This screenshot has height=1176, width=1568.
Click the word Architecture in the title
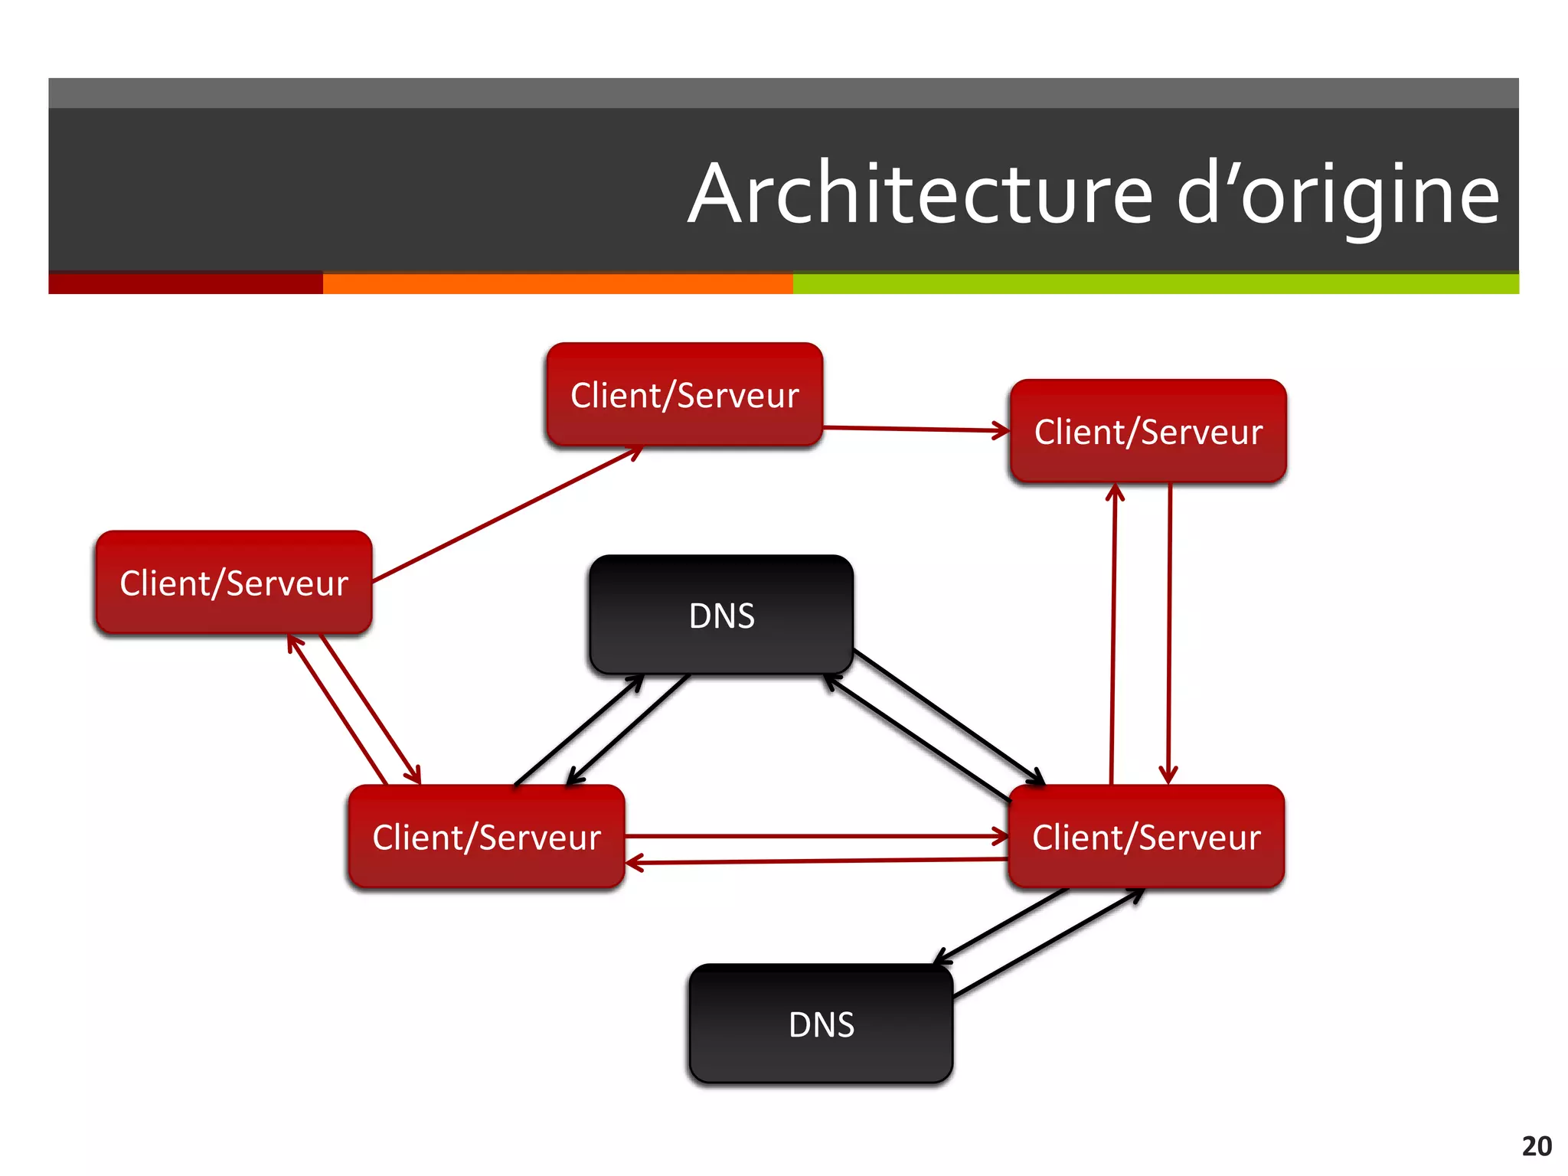click(919, 194)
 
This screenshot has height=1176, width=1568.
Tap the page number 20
click(1536, 1146)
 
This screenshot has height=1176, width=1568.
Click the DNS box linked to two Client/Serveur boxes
click(721, 615)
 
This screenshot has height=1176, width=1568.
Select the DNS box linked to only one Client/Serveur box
click(821, 1024)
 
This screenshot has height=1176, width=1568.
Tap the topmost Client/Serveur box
click(684, 395)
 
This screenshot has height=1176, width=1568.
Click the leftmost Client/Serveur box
click(234, 583)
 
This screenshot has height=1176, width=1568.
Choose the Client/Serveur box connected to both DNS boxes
click(1146, 837)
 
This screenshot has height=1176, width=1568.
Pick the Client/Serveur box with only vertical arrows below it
click(1148, 431)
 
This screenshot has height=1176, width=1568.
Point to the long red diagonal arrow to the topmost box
click(505, 515)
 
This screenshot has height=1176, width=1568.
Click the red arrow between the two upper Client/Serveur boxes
click(915, 430)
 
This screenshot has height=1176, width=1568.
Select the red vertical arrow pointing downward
click(1169, 635)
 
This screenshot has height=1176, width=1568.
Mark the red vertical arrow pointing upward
click(1113, 635)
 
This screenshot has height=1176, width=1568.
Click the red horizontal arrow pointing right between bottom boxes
click(815, 836)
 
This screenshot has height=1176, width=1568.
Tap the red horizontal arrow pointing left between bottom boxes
click(815, 861)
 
